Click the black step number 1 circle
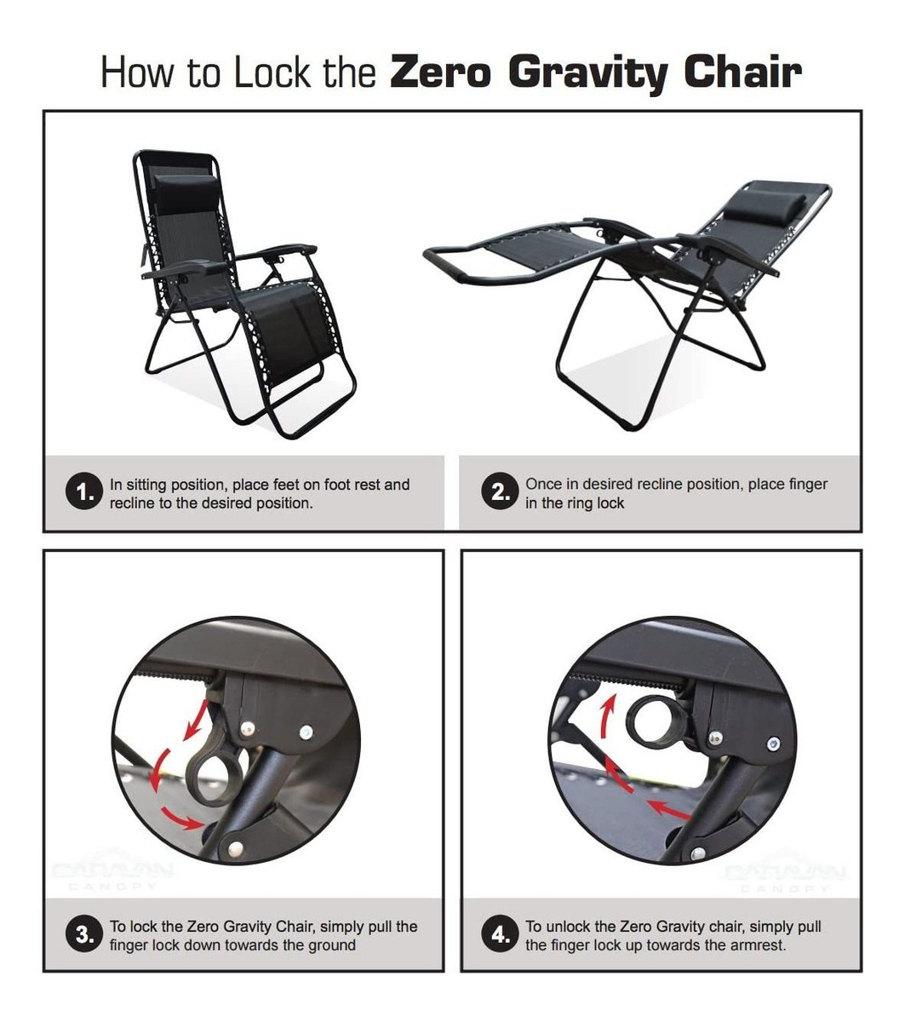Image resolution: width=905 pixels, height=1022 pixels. point(82,494)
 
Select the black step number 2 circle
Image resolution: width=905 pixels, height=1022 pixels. point(497,493)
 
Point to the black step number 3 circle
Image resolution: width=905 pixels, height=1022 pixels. point(82,935)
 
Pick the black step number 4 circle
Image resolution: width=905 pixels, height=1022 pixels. point(497,935)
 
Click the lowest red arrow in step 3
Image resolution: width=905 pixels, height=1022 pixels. point(182,817)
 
